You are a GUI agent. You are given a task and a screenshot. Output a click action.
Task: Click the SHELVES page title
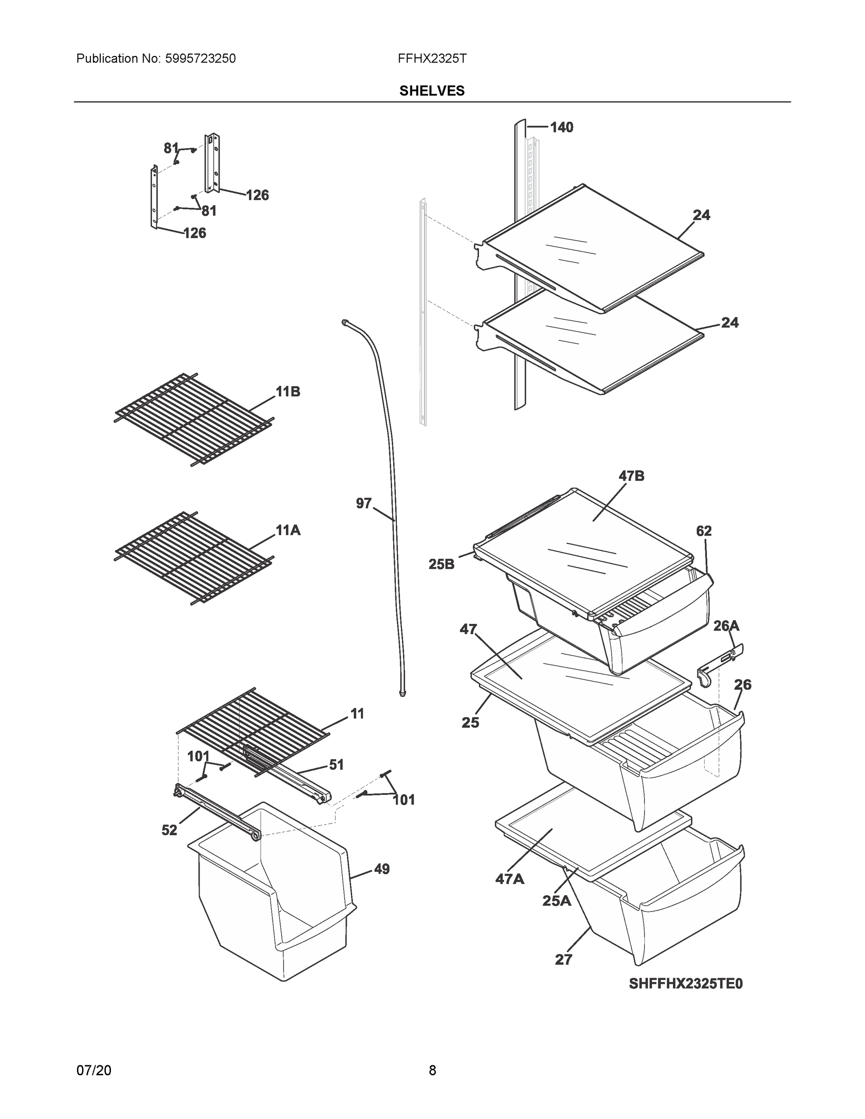point(432,91)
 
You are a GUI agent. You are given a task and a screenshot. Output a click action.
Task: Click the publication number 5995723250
point(201,59)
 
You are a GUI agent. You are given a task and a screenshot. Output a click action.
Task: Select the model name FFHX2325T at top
point(432,59)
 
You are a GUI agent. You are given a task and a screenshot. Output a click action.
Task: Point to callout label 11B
point(288,392)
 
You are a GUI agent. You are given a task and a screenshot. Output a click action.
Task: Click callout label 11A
point(288,530)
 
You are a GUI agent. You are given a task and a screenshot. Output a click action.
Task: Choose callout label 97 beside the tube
point(363,504)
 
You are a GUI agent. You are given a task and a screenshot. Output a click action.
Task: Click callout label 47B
point(631,476)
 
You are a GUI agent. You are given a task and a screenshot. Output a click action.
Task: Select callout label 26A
point(726,626)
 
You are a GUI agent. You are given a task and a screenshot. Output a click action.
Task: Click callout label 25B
point(441,565)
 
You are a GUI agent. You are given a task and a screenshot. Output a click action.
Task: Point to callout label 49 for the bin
point(381,869)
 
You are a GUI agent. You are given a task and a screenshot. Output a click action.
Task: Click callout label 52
point(169,830)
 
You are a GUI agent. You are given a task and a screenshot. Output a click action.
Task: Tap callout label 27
point(563,960)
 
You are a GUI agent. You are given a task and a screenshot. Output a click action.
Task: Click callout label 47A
point(509,879)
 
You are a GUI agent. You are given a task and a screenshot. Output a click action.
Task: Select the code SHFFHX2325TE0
point(685,984)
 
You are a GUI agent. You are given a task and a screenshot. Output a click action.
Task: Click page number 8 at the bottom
point(432,1071)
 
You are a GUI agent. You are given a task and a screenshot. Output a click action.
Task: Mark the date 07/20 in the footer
point(94,1071)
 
